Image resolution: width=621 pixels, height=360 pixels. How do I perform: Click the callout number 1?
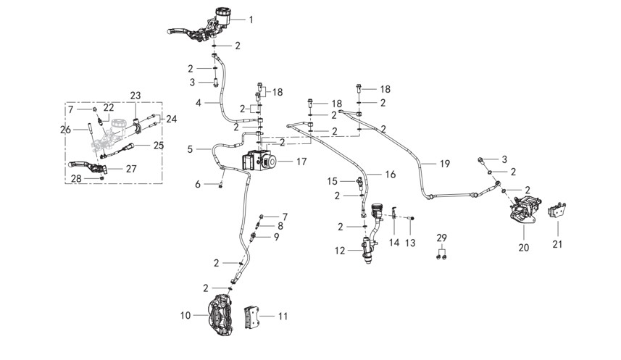pos(251,20)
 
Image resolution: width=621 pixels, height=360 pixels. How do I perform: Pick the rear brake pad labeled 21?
pos(556,210)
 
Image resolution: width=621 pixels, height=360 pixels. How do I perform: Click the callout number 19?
pos(445,164)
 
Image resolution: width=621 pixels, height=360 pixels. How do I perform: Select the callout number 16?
pos(390,175)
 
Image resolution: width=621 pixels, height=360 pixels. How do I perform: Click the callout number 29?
pos(441,238)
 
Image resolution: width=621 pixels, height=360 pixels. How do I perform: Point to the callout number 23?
pos(136,96)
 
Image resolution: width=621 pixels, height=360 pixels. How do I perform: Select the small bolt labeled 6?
pos(220,185)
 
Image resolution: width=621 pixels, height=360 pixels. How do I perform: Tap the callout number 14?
pos(394,243)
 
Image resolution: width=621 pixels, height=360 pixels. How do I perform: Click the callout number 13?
pos(410,243)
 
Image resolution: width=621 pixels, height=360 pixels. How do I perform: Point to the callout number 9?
pos(276,237)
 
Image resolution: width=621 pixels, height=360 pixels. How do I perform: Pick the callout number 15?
pos(333,181)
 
